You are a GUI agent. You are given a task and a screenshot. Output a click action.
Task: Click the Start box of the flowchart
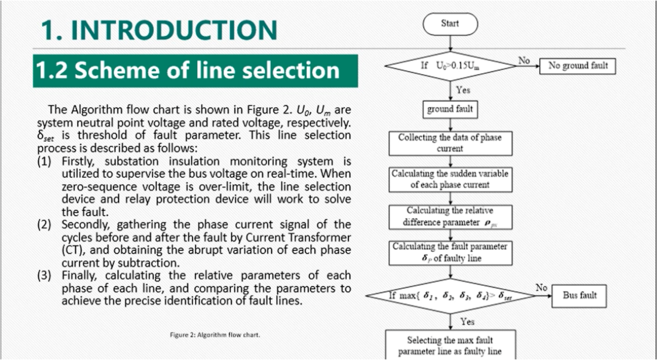click(x=450, y=24)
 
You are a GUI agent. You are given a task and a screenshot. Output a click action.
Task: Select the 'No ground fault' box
click(x=577, y=66)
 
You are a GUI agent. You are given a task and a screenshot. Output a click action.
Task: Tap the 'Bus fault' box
click(x=579, y=296)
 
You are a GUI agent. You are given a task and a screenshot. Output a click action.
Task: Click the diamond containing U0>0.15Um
click(x=450, y=66)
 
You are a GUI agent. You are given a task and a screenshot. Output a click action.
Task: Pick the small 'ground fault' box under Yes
click(x=450, y=109)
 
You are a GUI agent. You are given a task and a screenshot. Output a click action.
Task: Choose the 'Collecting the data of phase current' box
click(x=450, y=144)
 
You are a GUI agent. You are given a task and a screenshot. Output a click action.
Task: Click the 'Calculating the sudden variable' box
click(x=450, y=179)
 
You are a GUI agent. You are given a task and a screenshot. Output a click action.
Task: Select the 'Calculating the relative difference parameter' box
click(x=450, y=217)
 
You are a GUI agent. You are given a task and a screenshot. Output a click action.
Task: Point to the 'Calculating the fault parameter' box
click(x=450, y=253)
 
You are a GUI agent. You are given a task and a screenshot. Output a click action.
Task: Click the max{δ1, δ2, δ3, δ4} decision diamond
click(x=450, y=296)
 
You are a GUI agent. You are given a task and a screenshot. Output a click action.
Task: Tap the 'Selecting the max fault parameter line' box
click(x=450, y=345)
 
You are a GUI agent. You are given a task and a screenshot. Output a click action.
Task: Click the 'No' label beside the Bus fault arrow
click(x=542, y=288)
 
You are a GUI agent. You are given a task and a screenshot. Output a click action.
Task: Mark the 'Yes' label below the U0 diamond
click(x=463, y=90)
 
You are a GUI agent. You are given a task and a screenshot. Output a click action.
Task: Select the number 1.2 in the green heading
click(x=50, y=71)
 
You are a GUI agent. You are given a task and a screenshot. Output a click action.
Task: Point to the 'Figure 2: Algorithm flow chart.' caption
click(x=215, y=335)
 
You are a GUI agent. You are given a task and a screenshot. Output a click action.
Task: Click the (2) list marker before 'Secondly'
click(x=44, y=225)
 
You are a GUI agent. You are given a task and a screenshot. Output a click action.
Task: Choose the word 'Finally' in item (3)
click(x=81, y=276)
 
